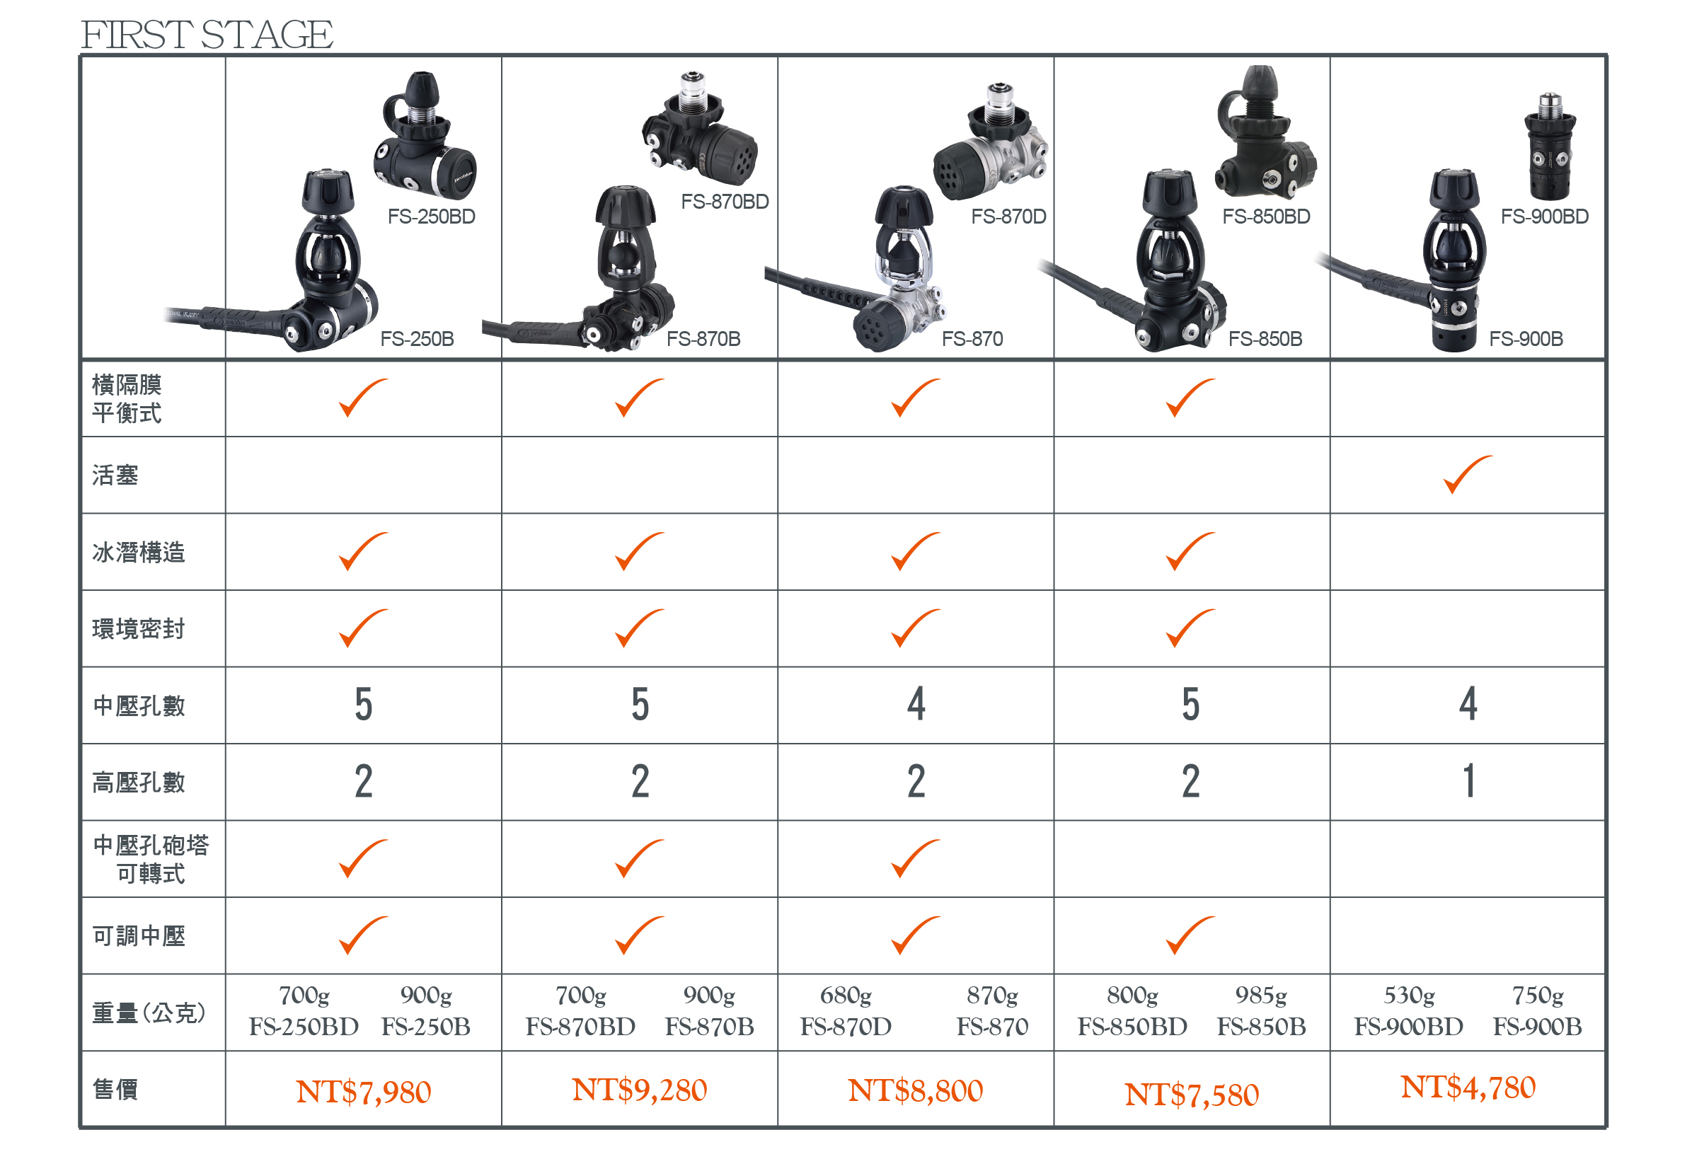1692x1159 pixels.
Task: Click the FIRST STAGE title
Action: [207, 34]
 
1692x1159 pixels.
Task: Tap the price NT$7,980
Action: [363, 1092]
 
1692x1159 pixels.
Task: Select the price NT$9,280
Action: [639, 1090]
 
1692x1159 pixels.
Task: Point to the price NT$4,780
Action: [1468, 1087]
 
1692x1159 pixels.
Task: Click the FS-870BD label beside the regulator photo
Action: [725, 202]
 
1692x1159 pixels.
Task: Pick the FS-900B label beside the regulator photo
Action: [1526, 338]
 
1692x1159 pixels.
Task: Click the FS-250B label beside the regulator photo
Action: [418, 338]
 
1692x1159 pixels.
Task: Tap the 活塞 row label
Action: [115, 475]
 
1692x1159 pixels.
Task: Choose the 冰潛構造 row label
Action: [138, 553]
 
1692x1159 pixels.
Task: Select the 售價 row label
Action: [115, 1090]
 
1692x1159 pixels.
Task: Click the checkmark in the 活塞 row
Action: [1468, 474]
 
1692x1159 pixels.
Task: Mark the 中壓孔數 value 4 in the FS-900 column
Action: [1468, 704]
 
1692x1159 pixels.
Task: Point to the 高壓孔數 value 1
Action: [1469, 781]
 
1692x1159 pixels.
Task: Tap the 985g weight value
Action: [1261, 995]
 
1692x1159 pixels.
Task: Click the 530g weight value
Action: [1409, 995]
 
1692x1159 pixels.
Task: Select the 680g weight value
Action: [845, 995]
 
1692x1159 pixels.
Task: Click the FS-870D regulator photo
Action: [991, 143]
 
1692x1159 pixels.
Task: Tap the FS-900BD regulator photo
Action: [1550, 146]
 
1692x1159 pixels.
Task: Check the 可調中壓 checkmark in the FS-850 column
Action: [1190, 935]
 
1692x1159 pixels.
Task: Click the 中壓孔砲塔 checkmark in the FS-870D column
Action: [915, 858]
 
